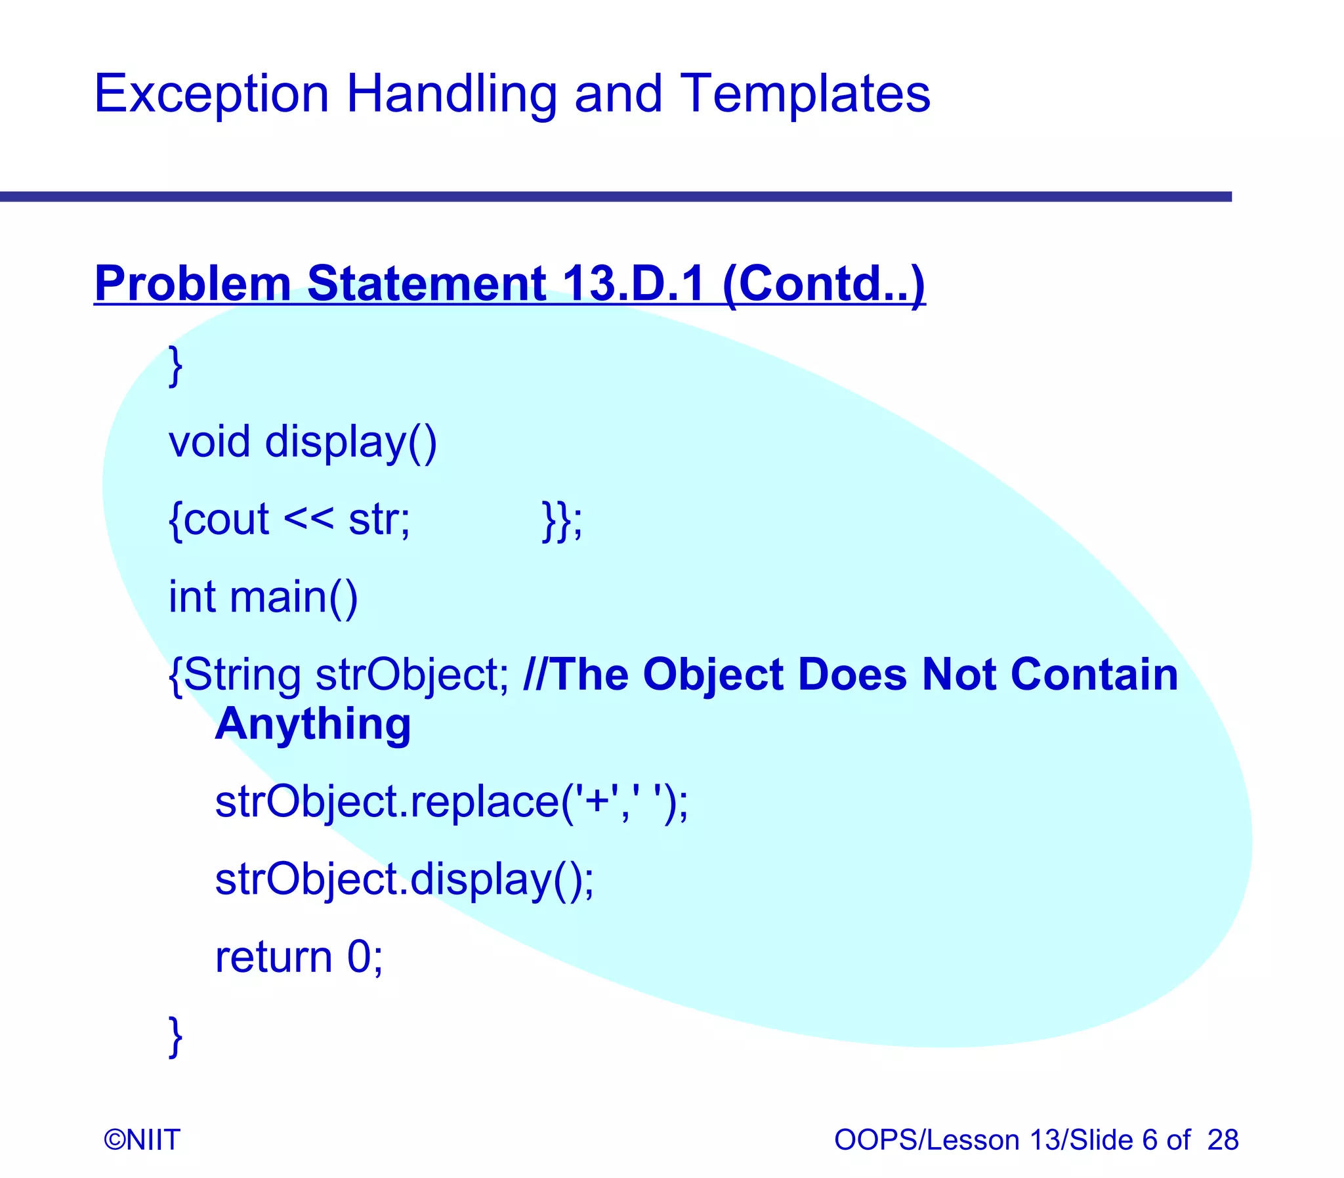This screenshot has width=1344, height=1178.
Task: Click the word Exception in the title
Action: (x=211, y=94)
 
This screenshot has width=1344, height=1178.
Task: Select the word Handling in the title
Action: (x=451, y=94)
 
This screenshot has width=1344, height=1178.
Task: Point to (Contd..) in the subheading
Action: (x=824, y=284)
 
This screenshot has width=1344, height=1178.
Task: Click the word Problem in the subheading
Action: (x=192, y=284)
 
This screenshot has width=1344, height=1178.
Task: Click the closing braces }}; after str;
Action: (x=562, y=520)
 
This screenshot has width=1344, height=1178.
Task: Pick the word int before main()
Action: (x=192, y=597)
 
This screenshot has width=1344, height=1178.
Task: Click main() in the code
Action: (x=293, y=597)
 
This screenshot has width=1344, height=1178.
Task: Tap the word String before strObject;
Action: (x=242, y=675)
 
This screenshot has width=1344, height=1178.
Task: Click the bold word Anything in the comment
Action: (x=313, y=725)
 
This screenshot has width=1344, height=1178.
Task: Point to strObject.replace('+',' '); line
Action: (x=451, y=802)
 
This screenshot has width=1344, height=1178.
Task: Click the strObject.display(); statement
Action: (x=404, y=879)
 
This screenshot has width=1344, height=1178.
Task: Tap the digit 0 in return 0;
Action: (x=360, y=957)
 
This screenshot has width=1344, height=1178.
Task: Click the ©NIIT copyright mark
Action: (x=142, y=1139)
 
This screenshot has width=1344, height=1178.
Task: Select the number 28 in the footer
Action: (x=1223, y=1139)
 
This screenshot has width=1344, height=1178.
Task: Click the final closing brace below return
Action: (x=175, y=1036)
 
